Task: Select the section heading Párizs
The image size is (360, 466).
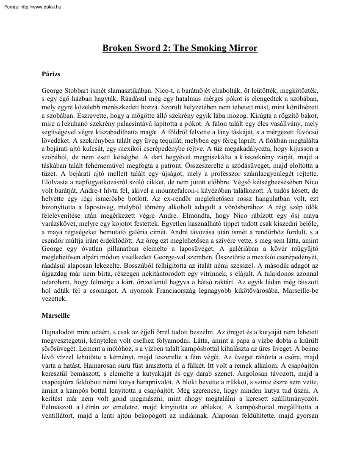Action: pyautogui.click(x=51, y=74)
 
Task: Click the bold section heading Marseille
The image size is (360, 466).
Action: pyautogui.click(x=56, y=316)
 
